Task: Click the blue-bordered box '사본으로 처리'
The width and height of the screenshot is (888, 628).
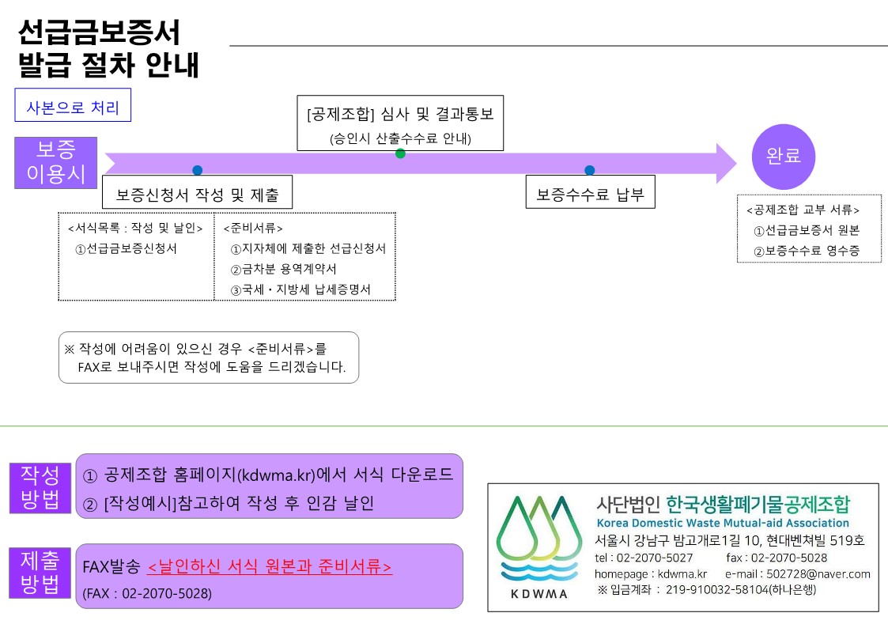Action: point(73,108)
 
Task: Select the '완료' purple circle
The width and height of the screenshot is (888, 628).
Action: point(784,156)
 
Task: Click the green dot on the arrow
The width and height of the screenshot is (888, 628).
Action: point(400,153)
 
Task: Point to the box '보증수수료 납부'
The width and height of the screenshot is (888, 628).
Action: point(590,193)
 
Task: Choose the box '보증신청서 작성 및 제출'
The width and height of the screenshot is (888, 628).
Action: point(197,193)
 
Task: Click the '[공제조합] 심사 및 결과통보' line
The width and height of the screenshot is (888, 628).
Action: point(400,114)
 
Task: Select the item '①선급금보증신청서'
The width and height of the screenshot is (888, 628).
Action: point(126,248)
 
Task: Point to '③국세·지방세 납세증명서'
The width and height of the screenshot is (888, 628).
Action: point(300,290)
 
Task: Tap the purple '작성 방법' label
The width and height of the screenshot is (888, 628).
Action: point(40,488)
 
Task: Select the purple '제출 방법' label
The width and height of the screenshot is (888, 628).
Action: point(40,573)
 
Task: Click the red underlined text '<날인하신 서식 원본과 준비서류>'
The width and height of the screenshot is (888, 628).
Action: point(270,567)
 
